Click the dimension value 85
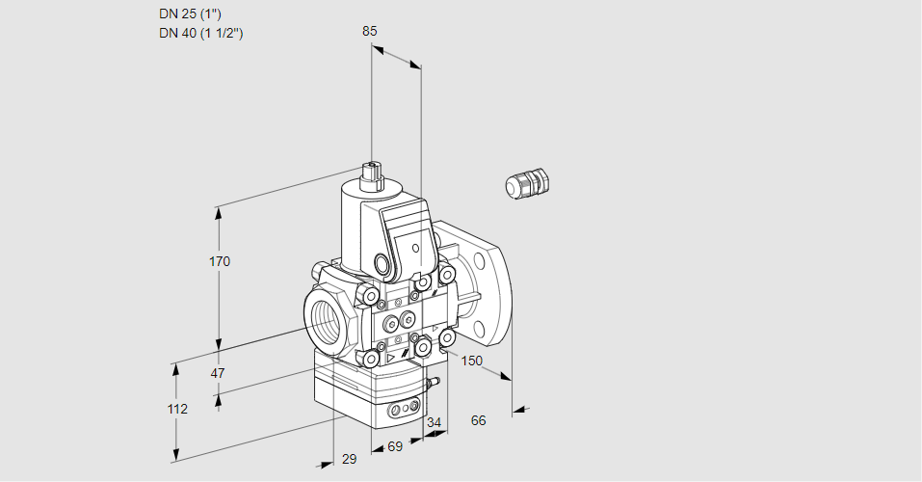coord(370,31)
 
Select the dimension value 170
coord(221,261)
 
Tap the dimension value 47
coord(218,373)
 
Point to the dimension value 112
coord(176,409)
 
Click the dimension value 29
coord(349,459)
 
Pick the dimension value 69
coord(395,447)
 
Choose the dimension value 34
coord(434,422)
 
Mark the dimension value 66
coord(478,419)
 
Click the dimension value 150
coord(471,361)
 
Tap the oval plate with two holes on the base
coord(404,412)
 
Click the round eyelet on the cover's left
coord(382,264)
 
